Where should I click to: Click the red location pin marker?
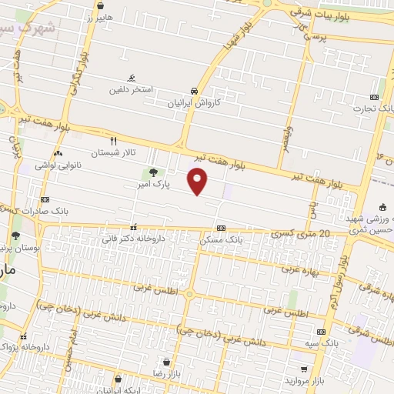pyautogui.click(x=198, y=182)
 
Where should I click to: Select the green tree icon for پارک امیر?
pyautogui.click(x=153, y=172)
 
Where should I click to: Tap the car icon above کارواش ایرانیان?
pyautogui.click(x=195, y=89)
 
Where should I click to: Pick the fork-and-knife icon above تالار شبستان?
pyautogui.click(x=114, y=141)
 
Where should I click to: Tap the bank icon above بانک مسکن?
pyautogui.click(x=221, y=228)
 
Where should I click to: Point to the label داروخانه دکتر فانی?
pyautogui.click(x=128, y=239)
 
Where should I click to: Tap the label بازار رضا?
pyautogui.click(x=166, y=372)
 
